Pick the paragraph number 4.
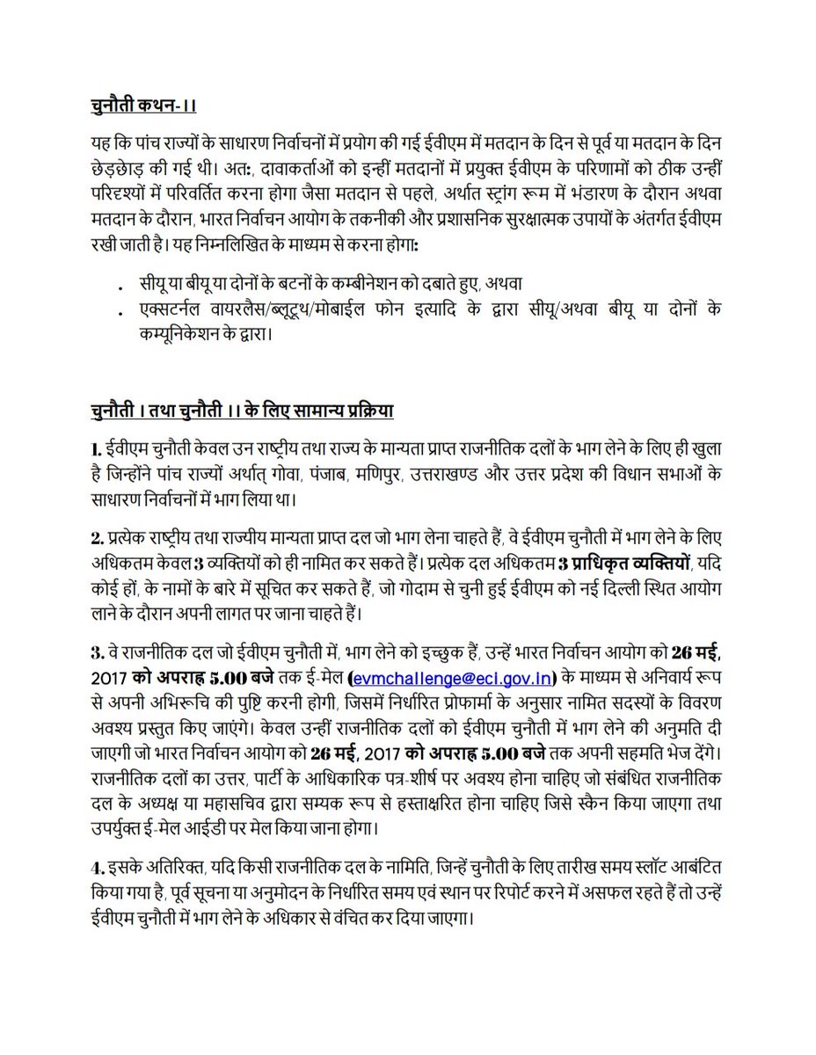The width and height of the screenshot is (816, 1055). [x=97, y=862]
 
